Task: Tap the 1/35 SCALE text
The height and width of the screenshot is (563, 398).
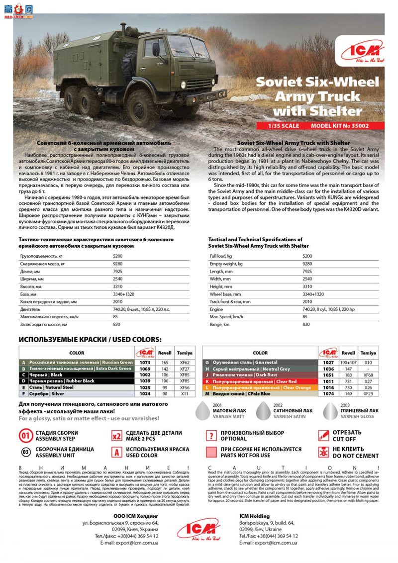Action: click(283, 126)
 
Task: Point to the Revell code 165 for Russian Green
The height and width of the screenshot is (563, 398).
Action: click(164, 363)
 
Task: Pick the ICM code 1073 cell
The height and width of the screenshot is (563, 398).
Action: click(145, 363)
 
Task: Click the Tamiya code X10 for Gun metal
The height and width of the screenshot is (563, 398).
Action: click(368, 363)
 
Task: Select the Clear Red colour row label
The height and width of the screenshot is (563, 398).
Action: click(254, 381)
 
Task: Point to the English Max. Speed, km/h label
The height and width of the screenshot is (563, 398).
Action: click(226, 317)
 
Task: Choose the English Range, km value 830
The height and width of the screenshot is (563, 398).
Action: click(306, 324)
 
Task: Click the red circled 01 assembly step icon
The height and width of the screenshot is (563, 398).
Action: click(26, 436)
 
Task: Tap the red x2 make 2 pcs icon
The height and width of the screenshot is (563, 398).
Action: click(117, 436)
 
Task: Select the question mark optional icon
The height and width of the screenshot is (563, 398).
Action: click(211, 436)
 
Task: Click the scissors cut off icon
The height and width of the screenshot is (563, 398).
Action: click(323, 436)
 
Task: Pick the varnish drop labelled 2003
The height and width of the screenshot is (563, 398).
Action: click(329, 411)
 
